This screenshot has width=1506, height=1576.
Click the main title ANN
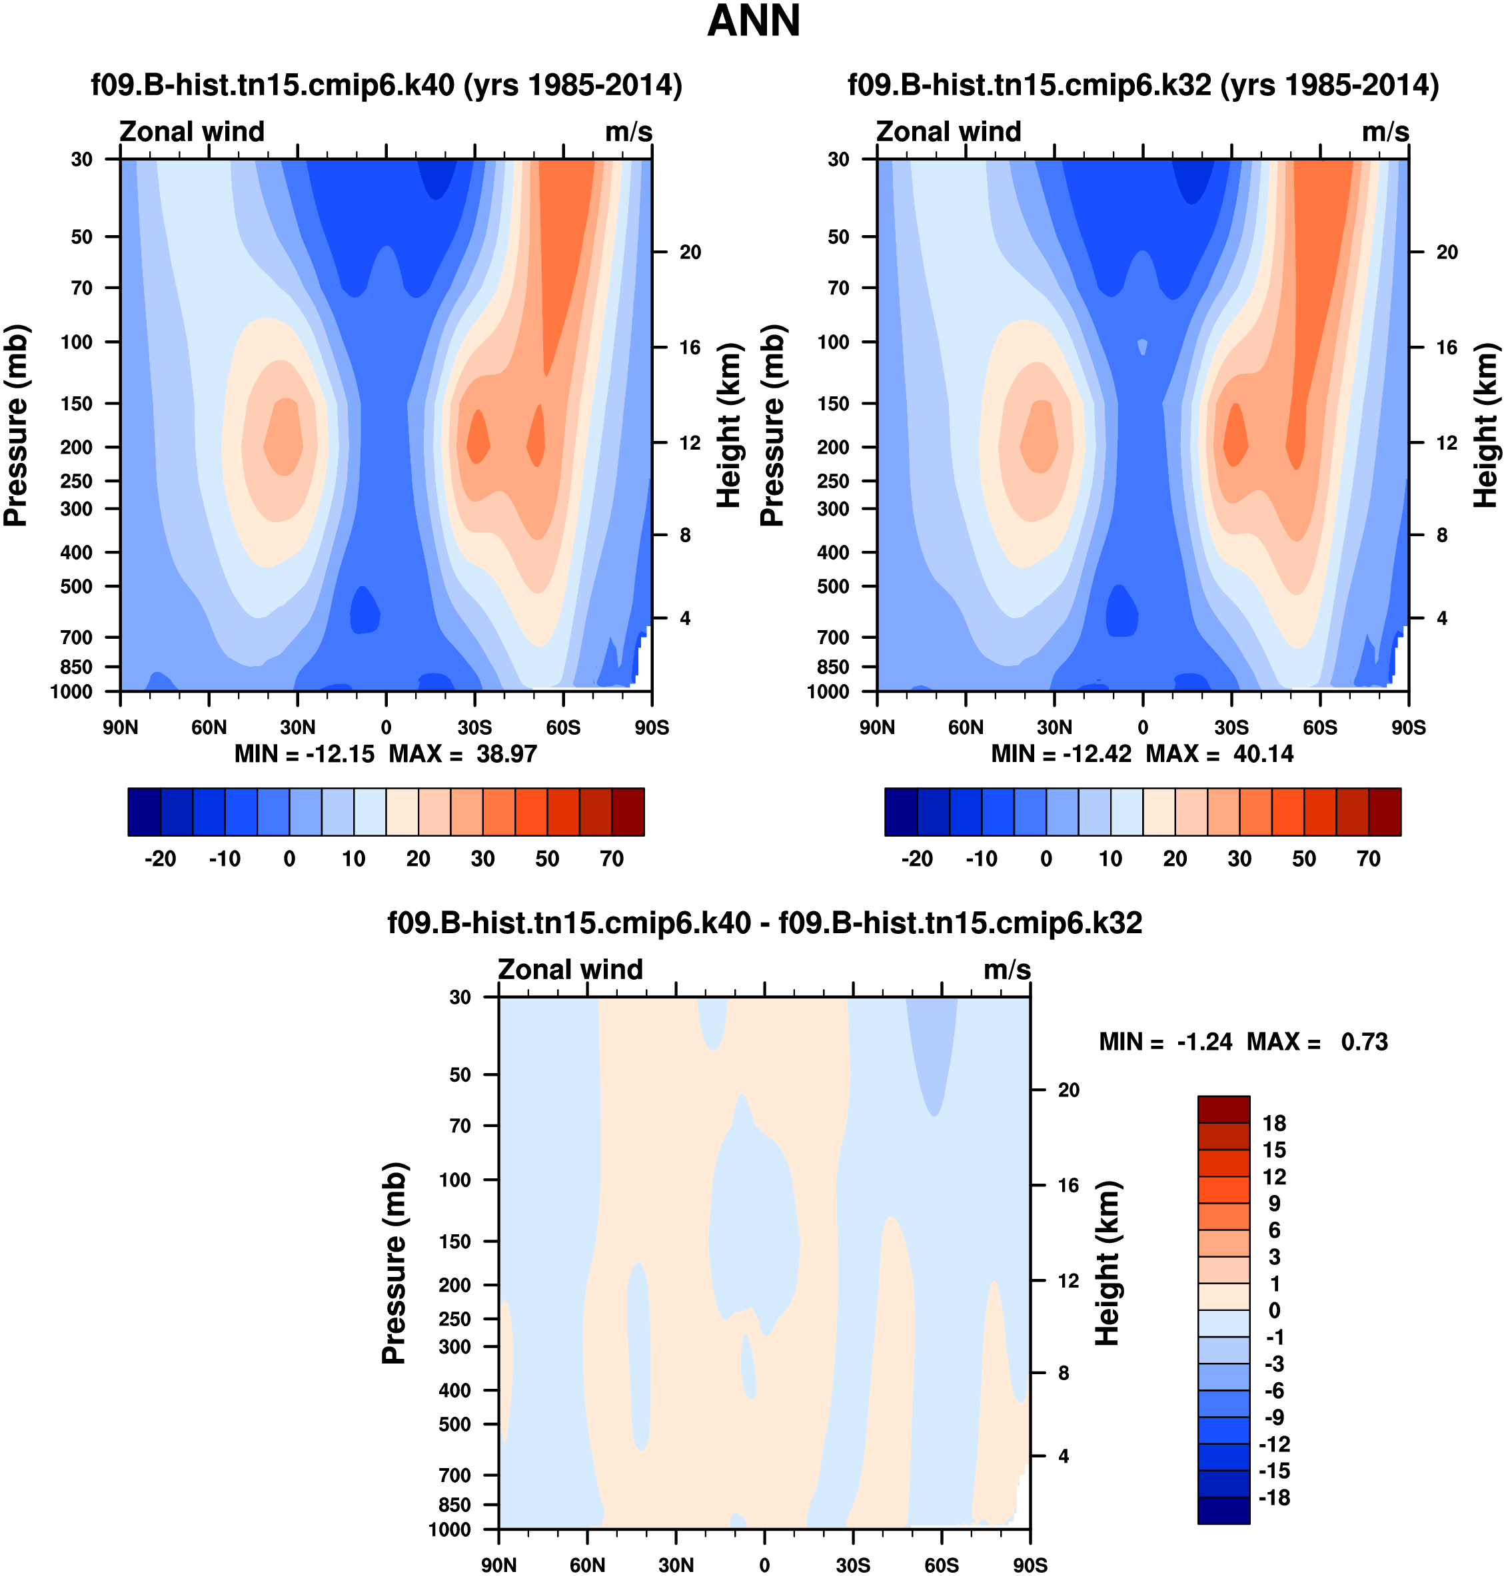pos(753,22)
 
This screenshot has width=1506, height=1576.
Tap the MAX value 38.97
pos(506,753)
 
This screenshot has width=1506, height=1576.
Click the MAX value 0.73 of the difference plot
pos(1364,1042)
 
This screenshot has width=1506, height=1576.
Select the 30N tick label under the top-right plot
pos(1054,728)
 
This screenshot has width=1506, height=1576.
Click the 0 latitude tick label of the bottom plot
pos(764,1565)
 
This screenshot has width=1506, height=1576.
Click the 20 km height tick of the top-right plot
pos(1447,252)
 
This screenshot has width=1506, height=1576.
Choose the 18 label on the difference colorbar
pos(1274,1124)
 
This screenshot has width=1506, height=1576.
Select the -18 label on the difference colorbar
pos(1274,1497)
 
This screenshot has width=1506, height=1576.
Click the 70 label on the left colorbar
pos(612,859)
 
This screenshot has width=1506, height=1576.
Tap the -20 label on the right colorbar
pos(917,859)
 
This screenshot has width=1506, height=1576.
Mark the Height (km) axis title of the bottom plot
pos(1107,1263)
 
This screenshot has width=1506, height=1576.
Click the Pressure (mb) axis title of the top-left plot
pos(16,425)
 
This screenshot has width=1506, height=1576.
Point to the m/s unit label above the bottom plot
pos(1007,970)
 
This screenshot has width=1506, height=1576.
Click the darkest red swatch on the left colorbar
pos(628,812)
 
